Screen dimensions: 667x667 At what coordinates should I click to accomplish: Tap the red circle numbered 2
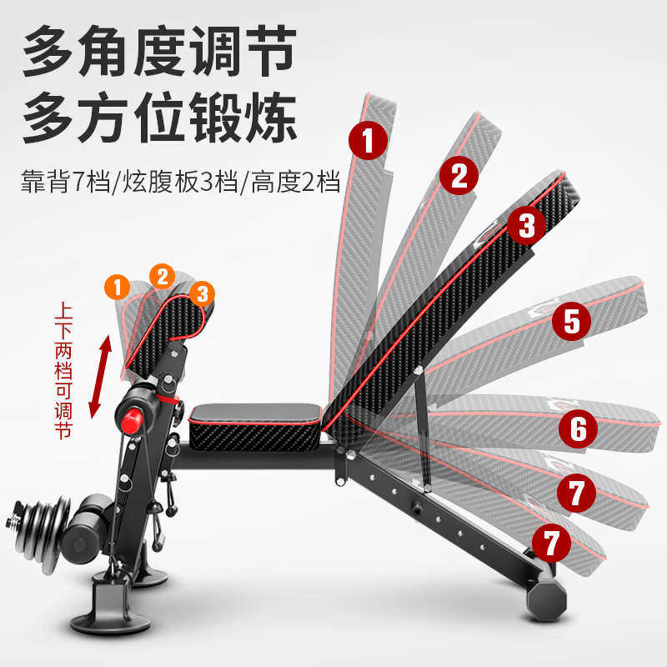459,175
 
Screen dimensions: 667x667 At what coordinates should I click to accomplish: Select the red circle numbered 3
526,223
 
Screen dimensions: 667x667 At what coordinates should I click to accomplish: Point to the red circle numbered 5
571,321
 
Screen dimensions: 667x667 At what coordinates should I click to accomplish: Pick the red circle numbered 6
578,429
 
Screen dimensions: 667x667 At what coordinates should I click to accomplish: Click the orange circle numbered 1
118,288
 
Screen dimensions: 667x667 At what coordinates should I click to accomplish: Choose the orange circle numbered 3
201,293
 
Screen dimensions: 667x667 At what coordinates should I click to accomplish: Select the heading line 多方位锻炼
158,119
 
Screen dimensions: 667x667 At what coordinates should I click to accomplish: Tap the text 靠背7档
65,183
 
